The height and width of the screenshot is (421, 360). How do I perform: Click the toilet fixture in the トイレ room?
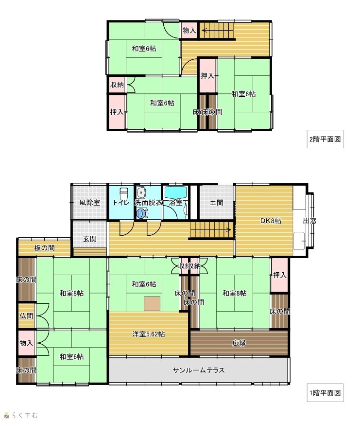tap(123, 193)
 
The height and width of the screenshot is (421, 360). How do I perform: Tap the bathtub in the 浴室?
tap(175, 192)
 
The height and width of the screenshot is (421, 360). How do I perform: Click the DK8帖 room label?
tap(271, 221)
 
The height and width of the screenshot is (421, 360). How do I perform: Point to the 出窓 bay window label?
tap(309, 221)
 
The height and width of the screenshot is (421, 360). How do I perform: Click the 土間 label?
tap(216, 202)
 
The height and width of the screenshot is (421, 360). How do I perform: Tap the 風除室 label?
tap(89, 202)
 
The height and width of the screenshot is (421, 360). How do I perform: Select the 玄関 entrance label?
tap(89, 238)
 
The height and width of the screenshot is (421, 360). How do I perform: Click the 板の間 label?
tap(45, 247)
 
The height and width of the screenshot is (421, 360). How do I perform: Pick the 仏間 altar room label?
tap(26, 316)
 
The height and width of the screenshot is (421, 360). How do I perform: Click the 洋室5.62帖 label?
tap(148, 334)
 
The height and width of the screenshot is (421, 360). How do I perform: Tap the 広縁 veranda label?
tap(239, 343)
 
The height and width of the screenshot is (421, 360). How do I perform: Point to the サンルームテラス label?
tap(199, 370)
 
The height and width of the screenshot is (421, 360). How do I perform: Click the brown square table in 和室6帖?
tap(152, 303)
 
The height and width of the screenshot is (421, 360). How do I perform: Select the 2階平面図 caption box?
tap(325, 139)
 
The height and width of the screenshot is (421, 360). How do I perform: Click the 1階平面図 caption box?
tap(325, 393)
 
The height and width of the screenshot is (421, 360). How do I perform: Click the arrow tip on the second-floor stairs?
tap(202, 30)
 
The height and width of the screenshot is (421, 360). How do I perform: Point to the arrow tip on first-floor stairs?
tap(231, 229)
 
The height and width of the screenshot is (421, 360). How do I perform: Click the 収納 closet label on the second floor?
tap(117, 85)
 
